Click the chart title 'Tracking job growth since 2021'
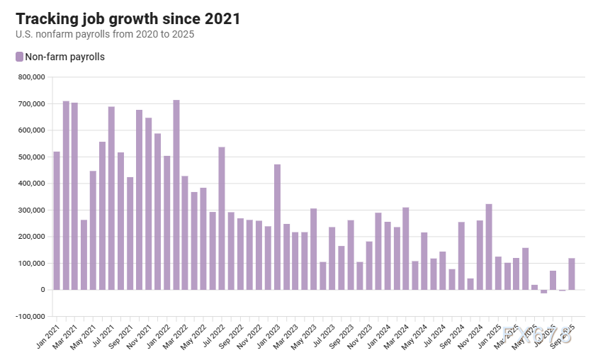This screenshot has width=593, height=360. [128, 18]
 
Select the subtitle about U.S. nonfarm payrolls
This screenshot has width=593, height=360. [105, 34]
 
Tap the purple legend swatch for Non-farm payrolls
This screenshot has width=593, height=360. [19, 57]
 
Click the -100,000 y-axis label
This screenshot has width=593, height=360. [30, 316]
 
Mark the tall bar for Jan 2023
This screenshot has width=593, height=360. [278, 227]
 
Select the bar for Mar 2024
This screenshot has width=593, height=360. [407, 248]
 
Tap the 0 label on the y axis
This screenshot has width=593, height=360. [43, 290]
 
